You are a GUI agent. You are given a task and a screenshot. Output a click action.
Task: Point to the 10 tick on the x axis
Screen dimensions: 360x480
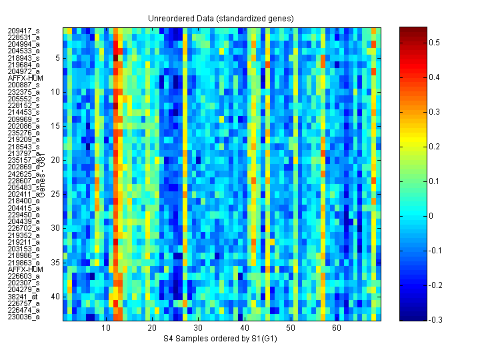106,328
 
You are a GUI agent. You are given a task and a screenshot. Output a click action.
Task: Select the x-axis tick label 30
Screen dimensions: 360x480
198,328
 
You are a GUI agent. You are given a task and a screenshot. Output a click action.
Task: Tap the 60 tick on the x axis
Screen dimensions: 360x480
336,328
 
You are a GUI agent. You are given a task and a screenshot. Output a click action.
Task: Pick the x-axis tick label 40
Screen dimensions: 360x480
244,328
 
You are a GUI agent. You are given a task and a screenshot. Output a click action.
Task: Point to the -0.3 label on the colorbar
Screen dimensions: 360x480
435,320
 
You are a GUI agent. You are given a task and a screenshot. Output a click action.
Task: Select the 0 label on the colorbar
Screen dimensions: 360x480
430,216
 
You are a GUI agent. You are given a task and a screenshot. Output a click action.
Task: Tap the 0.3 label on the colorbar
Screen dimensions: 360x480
433,112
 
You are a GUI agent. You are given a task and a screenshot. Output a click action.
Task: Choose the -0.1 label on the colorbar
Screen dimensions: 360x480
435,251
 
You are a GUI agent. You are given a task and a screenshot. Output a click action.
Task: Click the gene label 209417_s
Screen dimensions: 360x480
23,31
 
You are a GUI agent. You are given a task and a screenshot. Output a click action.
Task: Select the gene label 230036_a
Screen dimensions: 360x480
23,317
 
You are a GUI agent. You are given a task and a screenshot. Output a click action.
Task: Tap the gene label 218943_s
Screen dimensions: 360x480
23,58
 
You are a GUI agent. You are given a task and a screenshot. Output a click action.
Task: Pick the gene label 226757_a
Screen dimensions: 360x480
23,303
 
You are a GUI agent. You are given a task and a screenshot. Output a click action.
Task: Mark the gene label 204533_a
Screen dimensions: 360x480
23,51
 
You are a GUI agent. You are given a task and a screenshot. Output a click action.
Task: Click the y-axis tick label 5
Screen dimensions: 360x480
58,58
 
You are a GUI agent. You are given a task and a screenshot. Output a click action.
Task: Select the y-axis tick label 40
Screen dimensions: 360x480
56,297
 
